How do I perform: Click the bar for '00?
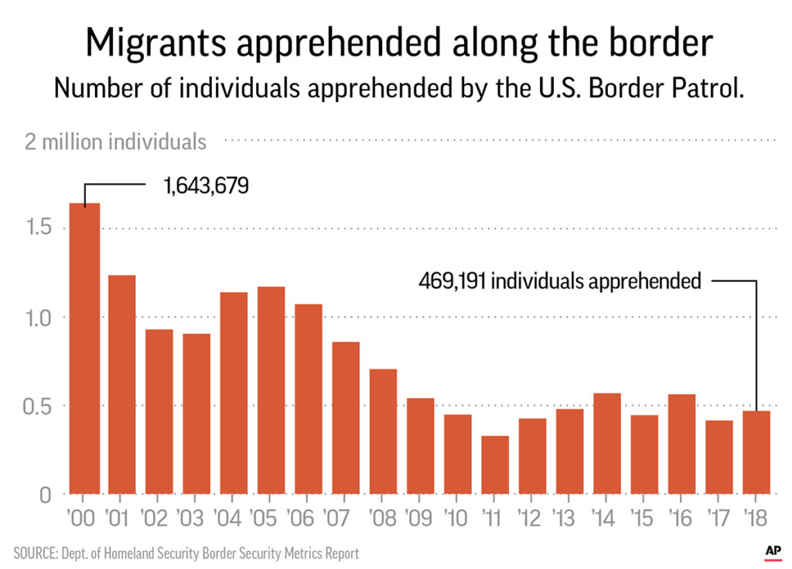tap(84, 348)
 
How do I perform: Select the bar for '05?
tap(271, 390)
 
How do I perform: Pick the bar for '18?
tap(756, 451)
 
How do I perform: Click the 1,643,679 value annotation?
tap(206, 186)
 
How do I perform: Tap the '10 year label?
tap(458, 516)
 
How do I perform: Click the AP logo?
tap(772, 550)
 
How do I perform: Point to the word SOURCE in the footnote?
tap(36, 554)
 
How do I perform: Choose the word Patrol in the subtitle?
tap(696, 88)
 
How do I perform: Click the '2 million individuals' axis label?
tap(116, 142)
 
